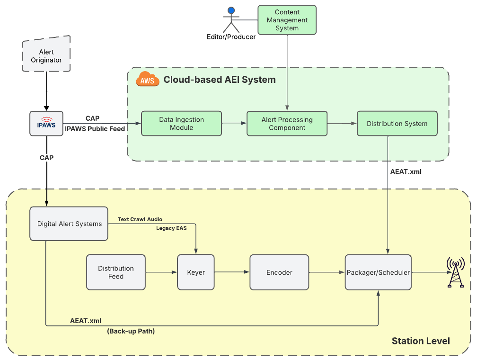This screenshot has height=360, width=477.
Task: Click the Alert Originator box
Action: (46, 56)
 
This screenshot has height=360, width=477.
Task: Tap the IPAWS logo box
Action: (46, 123)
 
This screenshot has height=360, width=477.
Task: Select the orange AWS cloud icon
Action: (147, 80)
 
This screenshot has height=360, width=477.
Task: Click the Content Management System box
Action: (287, 20)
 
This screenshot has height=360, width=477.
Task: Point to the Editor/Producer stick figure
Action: (231, 21)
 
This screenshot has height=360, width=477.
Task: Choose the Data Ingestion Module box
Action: (182, 124)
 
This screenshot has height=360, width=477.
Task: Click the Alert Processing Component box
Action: (287, 124)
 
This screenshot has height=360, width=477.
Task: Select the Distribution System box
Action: (397, 124)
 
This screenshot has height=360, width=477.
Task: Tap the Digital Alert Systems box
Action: (69, 224)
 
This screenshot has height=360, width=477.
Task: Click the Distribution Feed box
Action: (116, 272)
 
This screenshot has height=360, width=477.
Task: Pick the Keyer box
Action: (196, 272)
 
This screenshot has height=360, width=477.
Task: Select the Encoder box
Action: (279, 272)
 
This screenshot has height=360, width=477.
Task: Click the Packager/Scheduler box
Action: (378, 272)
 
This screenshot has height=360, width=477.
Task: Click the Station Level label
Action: (421, 341)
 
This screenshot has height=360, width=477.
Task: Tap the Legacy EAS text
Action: (171, 228)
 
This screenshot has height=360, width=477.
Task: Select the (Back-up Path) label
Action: (131, 331)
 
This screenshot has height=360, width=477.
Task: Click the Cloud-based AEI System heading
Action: (220, 80)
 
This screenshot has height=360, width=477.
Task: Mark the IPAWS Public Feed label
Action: (95, 129)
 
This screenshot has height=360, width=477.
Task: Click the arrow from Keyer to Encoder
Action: (232, 272)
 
